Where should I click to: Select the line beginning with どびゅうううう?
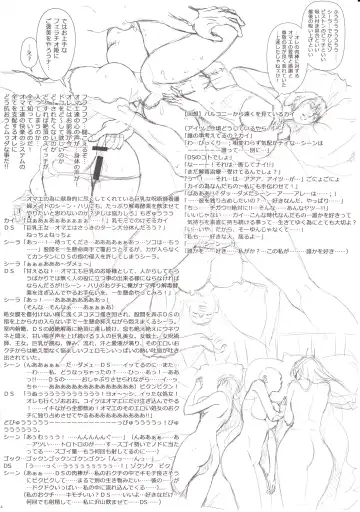[80, 421]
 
